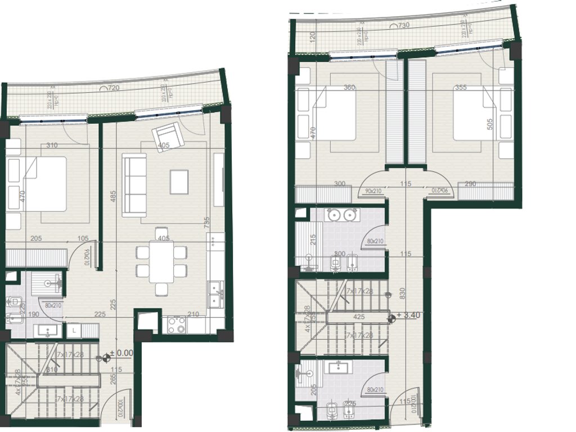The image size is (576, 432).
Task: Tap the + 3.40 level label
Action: [409, 316]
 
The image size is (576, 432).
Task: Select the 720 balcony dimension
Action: [112, 89]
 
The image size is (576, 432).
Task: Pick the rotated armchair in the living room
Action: [167, 136]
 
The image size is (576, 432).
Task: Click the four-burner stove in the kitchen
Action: [176, 324]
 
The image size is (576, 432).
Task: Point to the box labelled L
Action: [74, 330]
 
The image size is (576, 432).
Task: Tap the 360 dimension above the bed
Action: [349, 88]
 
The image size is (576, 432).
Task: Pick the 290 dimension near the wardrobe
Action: [472, 184]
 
